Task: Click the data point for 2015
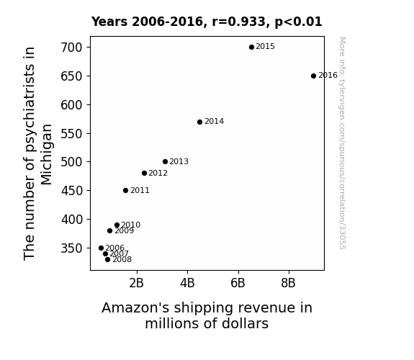coord(251,47)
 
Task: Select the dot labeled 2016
coord(313,76)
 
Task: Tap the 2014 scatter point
coord(199,122)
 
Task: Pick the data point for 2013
coord(165,161)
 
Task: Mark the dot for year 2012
coord(144,173)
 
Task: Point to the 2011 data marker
coord(125,190)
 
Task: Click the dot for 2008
coord(107,259)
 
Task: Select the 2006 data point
coord(101,248)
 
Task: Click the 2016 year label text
coord(328,76)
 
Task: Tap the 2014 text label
coord(214,121)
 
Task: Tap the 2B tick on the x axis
coord(136,283)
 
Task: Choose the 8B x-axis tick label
coord(288,283)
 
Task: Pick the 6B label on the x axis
coord(238,283)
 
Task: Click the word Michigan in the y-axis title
coord(47,155)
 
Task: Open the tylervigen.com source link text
coord(342,143)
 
